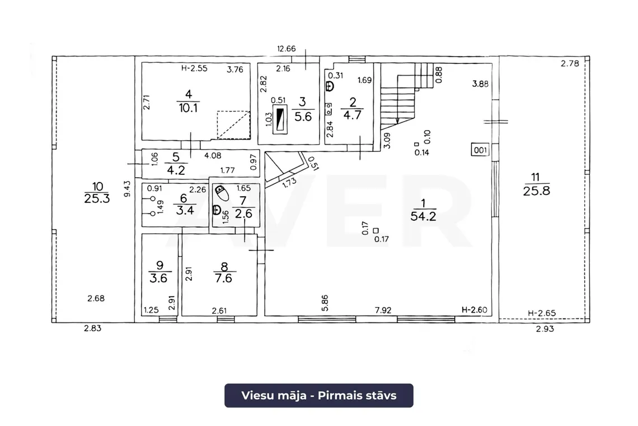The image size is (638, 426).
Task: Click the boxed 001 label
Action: (x=480, y=150)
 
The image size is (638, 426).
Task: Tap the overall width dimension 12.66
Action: (x=287, y=49)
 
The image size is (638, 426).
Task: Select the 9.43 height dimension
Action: (x=128, y=189)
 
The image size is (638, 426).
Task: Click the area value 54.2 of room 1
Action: (x=423, y=216)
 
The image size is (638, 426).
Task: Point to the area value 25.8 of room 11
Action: (x=536, y=191)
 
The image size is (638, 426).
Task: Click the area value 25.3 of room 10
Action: (x=97, y=198)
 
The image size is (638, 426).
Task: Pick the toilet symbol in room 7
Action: (x=222, y=193)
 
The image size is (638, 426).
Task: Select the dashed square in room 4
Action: (x=233, y=125)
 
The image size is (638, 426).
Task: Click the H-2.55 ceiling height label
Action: (x=194, y=68)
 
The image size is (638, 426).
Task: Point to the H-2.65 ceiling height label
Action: (x=542, y=313)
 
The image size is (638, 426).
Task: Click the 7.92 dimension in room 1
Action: (x=383, y=310)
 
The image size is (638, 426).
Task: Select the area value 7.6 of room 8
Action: (x=223, y=278)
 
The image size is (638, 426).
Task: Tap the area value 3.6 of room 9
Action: (x=158, y=278)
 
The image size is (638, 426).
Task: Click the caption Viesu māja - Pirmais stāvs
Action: (x=318, y=395)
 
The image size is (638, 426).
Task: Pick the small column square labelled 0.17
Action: (x=376, y=231)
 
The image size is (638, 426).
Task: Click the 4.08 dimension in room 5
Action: (x=213, y=155)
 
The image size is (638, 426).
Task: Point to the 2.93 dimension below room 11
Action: (x=545, y=328)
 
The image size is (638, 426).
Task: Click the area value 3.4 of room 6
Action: (x=185, y=210)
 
